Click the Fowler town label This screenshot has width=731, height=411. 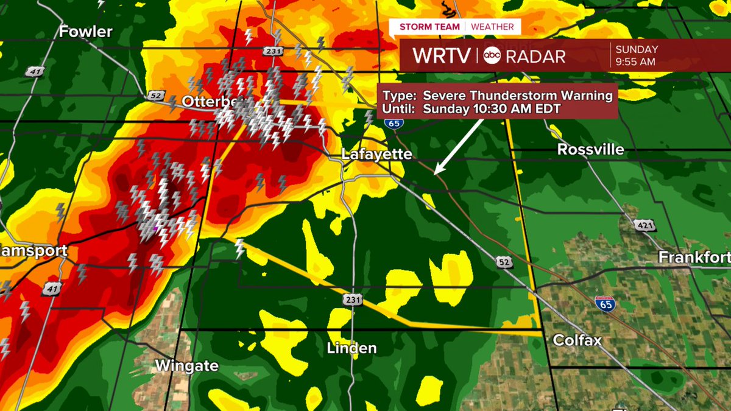[86, 32]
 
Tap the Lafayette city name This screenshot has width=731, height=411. [376, 154]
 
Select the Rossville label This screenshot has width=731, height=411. [590, 150]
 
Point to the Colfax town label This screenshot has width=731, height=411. [577, 340]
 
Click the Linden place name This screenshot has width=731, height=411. [351, 348]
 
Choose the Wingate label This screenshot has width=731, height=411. [187, 365]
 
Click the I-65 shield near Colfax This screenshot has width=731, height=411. [604, 304]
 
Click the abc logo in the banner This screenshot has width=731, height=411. [492, 56]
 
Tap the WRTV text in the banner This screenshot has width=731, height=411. [442, 56]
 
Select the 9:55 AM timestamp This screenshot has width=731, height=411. [635, 61]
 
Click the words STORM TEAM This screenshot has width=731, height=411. [430, 27]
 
